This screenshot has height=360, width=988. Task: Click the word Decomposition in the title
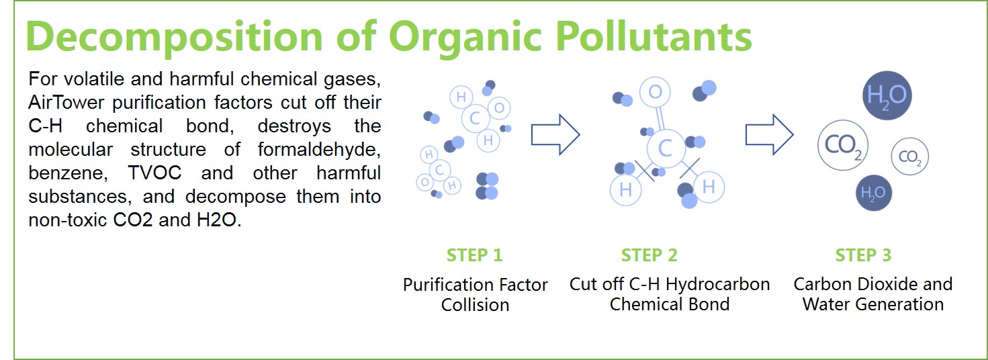tap(174, 38)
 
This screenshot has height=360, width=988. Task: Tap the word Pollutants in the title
tap(654, 36)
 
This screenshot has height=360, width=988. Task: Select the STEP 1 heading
tap(475, 255)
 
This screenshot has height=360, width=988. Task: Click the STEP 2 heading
tap(649, 255)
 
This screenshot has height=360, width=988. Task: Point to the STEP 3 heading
tap(863, 255)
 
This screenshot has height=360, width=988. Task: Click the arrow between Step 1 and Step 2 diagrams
tap(555, 134)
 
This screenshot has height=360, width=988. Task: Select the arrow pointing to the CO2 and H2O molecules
tap(769, 134)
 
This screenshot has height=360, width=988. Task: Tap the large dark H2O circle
tap(887, 95)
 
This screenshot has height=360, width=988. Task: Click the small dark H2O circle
tap(874, 193)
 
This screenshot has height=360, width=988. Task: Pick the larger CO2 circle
tap(843, 145)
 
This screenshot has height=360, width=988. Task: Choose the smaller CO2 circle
tap(909, 156)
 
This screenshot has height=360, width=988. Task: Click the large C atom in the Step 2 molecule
tap(666, 148)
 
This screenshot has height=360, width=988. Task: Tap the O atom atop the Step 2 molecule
tap(655, 92)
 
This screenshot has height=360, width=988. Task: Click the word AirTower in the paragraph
tap(66, 102)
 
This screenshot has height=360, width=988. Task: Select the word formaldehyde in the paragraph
tap(319, 150)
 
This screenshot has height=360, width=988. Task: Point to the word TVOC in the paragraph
tap(154, 173)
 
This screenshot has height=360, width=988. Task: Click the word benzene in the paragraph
tap(68, 173)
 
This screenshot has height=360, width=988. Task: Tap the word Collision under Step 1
tap(475, 305)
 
